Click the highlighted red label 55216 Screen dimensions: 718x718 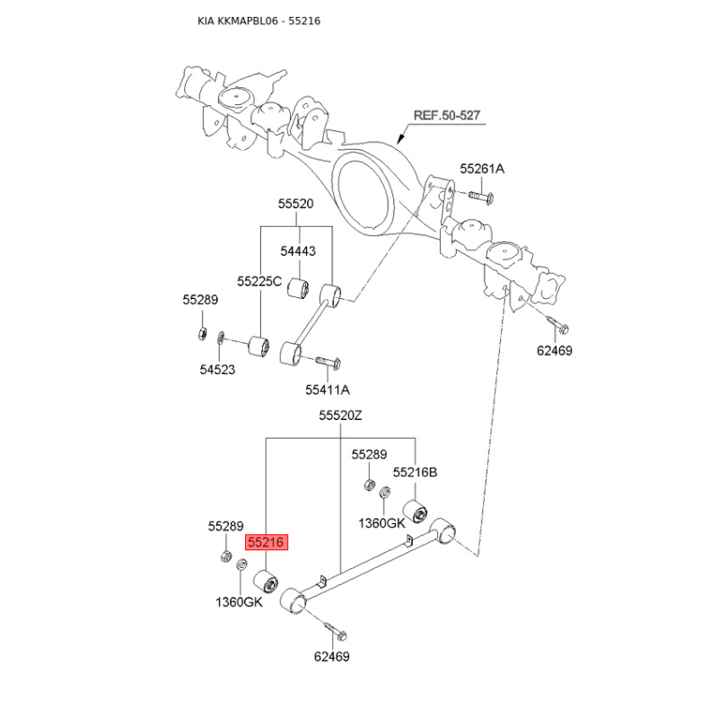click(x=267, y=543)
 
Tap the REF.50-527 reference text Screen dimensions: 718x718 click(x=446, y=116)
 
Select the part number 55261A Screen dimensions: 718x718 click(x=482, y=169)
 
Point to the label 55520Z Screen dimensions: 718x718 click(x=340, y=416)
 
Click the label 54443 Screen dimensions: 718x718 click(x=298, y=251)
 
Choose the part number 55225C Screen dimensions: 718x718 click(x=259, y=281)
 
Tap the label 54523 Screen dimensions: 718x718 click(x=217, y=369)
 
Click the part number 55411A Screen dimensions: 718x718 click(x=328, y=390)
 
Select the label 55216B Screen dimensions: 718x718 click(x=415, y=472)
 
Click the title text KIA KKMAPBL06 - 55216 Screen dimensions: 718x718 click(x=258, y=21)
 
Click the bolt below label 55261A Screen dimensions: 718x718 click(x=481, y=197)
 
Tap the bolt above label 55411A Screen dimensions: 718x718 click(x=328, y=363)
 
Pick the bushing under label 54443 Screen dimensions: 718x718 click(x=299, y=288)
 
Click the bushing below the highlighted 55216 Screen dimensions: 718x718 click(x=266, y=582)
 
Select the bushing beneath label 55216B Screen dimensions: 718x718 click(x=415, y=512)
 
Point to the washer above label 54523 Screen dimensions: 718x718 click(x=220, y=337)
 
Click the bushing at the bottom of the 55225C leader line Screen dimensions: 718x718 click(x=258, y=346)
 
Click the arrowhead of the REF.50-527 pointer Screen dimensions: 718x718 click(x=400, y=138)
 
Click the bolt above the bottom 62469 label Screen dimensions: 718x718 click(x=336, y=631)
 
